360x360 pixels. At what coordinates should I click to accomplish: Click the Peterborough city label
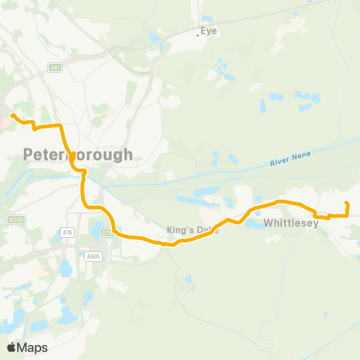[78, 154]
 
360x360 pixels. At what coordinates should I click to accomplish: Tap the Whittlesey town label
[292, 223]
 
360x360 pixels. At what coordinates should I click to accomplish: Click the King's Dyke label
[192, 230]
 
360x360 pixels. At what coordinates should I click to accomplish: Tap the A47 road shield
[55, 67]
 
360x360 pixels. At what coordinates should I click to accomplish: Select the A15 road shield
[68, 233]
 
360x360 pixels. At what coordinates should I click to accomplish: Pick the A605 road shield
[93, 256]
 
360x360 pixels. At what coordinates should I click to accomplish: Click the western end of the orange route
[13, 115]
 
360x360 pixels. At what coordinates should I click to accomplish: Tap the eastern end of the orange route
[346, 203]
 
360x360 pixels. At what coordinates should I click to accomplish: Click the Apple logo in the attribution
[11, 347]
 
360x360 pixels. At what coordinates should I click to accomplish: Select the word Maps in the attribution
[33, 347]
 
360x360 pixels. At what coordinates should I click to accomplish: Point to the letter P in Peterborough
[29, 154]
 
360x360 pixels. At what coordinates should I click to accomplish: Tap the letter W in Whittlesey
[268, 223]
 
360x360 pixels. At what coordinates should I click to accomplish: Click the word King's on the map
[180, 230]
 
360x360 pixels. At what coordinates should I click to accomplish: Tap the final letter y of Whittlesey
[317, 223]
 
